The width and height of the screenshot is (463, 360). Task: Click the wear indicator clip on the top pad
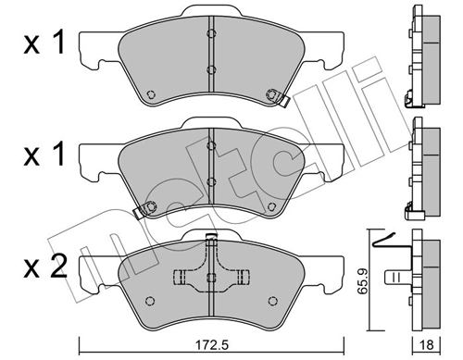(275, 94)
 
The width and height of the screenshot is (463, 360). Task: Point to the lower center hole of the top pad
(210, 70)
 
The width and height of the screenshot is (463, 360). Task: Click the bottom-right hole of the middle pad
(270, 205)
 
